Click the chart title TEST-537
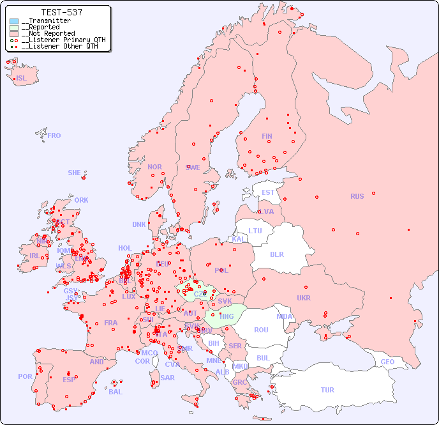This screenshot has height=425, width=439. [61, 12]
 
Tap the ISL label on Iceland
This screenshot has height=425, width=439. [21, 79]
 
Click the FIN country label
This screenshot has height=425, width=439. [267, 136]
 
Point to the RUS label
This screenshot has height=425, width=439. [357, 196]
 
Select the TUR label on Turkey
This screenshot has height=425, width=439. [327, 390]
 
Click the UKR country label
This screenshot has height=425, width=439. [304, 298]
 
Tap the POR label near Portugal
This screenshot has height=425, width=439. [25, 376]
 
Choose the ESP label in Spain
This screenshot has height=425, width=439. [69, 379]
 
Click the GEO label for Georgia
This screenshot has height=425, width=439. [387, 362]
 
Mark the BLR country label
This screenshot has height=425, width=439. [276, 254]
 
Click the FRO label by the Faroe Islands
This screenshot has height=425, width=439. [54, 135]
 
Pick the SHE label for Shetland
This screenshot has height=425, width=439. [74, 173]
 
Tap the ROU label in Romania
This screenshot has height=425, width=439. [261, 330]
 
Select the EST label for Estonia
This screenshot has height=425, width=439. [268, 192]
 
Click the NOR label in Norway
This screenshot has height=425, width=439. [154, 167]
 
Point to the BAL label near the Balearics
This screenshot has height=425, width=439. [115, 392]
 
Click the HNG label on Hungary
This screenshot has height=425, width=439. [227, 315]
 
